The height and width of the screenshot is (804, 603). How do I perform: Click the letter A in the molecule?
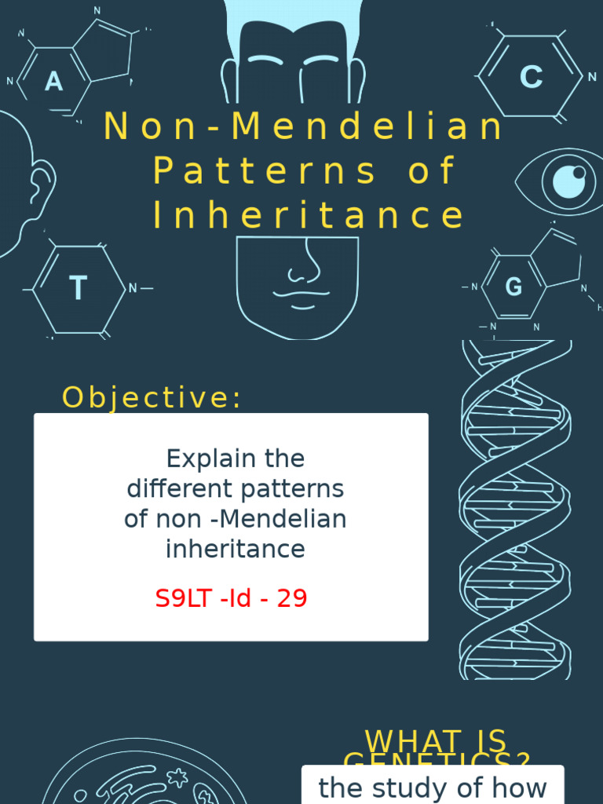pyautogui.click(x=53, y=81)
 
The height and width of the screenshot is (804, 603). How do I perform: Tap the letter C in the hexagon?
pyautogui.click(x=532, y=77)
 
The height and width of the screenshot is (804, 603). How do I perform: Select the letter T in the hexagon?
pyautogui.click(x=78, y=289)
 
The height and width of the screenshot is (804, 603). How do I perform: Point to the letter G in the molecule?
pyautogui.click(x=513, y=287)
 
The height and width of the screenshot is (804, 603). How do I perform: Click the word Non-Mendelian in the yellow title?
pyautogui.click(x=304, y=127)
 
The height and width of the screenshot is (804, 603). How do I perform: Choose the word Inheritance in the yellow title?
pyautogui.click(x=309, y=216)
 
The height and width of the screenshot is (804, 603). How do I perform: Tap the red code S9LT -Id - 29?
pyautogui.click(x=231, y=599)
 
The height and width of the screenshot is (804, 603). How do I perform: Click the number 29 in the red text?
pyautogui.click(x=292, y=599)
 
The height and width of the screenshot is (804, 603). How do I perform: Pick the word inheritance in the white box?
pyautogui.click(x=235, y=550)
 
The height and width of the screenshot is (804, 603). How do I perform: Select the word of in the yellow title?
pyautogui.click(x=430, y=171)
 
